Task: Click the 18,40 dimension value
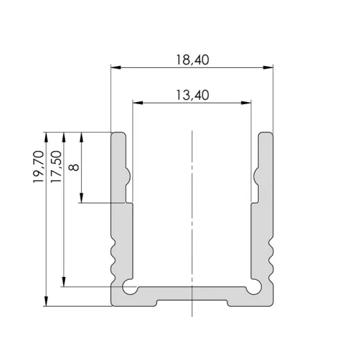pyautogui.click(x=192, y=60)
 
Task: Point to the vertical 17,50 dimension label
pyautogui.click(x=57, y=167)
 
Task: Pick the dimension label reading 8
pyautogui.click(x=75, y=167)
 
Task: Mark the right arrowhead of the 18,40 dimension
pyautogui.click(x=268, y=68)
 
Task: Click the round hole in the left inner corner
pyautogui.click(x=128, y=286)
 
